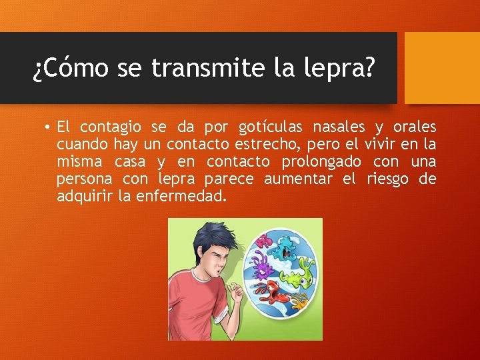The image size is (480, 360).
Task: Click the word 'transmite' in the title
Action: pyautogui.click(x=209, y=67)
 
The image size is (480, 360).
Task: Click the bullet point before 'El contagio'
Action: pyautogui.click(x=49, y=127)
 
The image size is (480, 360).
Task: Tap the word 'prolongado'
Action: pyautogui.click(x=321, y=161)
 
